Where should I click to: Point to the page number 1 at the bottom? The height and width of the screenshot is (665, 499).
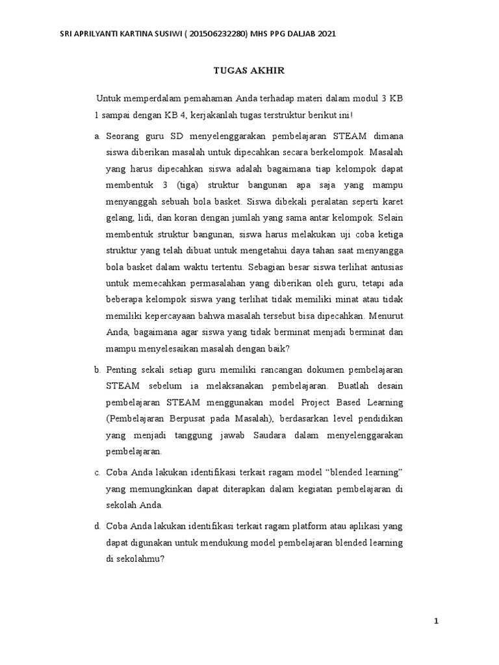(x=437, y=621)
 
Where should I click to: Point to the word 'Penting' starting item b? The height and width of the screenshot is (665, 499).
(x=122, y=369)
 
